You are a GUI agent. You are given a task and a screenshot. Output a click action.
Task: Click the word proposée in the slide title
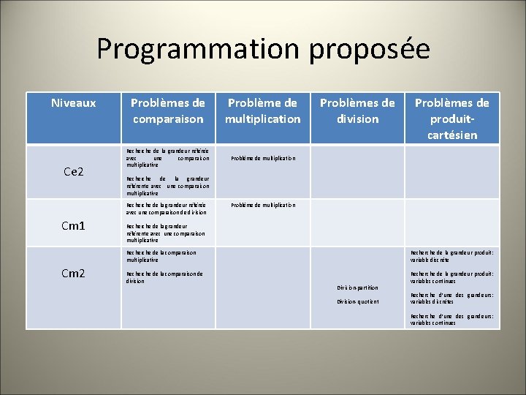(369, 49)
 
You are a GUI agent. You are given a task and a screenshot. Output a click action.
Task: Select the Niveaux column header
(73, 103)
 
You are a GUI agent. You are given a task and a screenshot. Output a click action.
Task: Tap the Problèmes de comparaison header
(167, 110)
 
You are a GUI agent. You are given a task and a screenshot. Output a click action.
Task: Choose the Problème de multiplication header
(262, 110)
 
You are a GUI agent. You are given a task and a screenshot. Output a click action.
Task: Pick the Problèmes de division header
(357, 110)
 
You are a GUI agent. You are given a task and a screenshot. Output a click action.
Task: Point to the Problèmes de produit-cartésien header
(452, 118)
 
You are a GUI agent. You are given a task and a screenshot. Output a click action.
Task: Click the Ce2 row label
(74, 172)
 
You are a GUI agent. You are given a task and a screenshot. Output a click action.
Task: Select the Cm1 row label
(73, 226)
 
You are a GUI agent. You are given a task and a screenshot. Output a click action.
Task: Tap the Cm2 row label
(73, 274)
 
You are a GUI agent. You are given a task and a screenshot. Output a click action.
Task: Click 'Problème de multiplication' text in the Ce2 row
(263, 158)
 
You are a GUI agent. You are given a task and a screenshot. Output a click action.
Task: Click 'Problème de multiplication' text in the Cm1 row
(263, 206)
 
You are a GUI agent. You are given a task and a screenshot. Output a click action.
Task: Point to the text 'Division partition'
(358, 287)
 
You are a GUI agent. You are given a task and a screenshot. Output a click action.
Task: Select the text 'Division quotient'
(358, 301)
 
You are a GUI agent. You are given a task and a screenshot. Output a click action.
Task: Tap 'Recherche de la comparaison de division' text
(164, 277)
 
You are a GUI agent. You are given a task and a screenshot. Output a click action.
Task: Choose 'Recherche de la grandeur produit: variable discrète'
(451, 256)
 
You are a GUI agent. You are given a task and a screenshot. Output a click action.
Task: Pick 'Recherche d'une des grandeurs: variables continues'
(451, 319)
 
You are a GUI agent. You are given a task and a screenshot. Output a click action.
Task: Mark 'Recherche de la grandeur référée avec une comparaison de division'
(167, 209)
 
